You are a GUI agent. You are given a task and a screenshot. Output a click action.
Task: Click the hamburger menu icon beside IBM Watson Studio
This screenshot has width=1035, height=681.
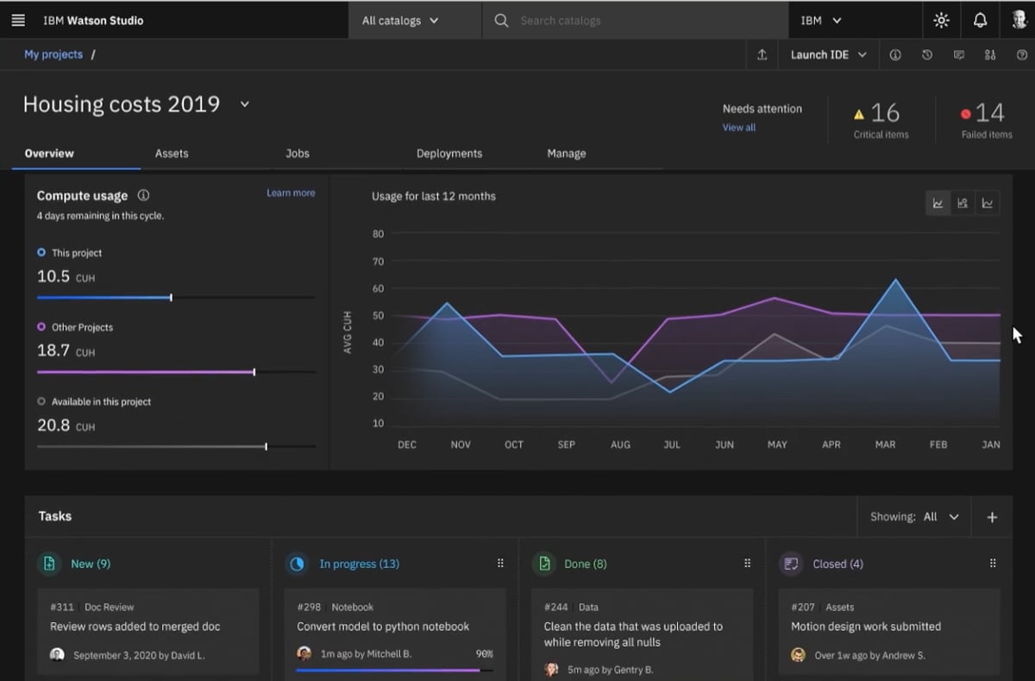point(18,20)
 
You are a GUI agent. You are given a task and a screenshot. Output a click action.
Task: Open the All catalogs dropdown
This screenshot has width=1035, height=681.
point(400,20)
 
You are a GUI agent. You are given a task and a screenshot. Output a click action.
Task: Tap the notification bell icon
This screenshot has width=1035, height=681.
point(980,20)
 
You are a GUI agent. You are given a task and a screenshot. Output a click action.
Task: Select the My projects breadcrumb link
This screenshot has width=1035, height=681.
point(53,54)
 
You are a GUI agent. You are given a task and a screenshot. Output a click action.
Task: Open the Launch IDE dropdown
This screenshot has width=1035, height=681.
point(828,54)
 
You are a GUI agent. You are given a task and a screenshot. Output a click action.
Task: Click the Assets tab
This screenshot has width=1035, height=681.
point(172,154)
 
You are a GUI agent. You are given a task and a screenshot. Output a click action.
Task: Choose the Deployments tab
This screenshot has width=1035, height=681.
point(448,154)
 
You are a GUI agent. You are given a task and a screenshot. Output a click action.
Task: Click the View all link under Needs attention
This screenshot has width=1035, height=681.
point(739,128)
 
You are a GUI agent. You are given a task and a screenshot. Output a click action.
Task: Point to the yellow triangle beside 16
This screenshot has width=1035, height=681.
point(858,114)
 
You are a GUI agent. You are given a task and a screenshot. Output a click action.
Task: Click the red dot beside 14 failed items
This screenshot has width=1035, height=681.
point(965,114)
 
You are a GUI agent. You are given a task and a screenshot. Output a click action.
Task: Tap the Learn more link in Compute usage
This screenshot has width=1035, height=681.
point(291,193)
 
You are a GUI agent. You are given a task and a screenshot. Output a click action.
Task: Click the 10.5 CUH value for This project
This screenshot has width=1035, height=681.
point(53,276)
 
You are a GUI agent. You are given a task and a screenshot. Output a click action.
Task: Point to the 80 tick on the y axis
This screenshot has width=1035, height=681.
point(378,234)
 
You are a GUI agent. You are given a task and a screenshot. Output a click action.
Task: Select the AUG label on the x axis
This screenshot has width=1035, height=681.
point(620,445)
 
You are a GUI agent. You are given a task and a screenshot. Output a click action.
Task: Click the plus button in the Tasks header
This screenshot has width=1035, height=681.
point(992,517)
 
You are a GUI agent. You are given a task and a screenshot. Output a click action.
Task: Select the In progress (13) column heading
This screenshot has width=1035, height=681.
point(359,564)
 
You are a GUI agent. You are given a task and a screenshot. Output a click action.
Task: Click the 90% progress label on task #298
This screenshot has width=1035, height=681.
point(485,654)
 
